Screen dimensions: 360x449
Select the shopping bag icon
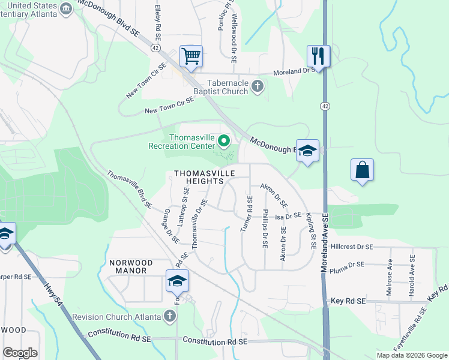coord(363,170)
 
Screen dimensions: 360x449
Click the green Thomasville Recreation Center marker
coord(224,142)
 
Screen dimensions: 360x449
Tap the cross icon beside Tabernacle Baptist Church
coord(258,86)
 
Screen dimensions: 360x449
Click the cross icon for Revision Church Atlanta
coord(171,316)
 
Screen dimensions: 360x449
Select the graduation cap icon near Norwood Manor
coord(178,281)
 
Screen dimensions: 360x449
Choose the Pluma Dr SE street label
coord(348,264)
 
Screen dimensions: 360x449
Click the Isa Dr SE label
coord(288,215)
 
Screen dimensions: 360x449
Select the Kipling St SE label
coord(310,231)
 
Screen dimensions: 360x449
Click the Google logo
coord(20,353)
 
